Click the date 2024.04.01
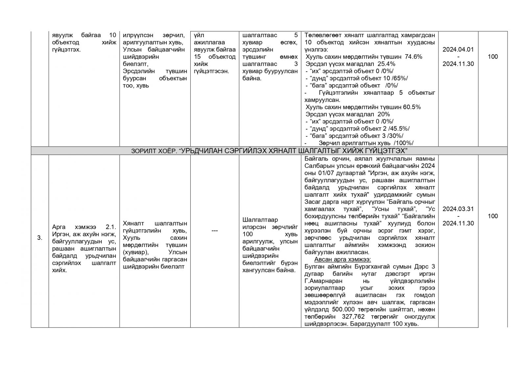[458, 50]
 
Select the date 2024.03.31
[458, 209]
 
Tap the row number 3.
[39, 238]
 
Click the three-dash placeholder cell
[214, 231]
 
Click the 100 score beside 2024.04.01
[492, 57]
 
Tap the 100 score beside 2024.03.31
[492, 216]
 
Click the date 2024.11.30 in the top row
[458, 64]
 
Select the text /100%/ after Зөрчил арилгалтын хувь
[403, 143]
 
